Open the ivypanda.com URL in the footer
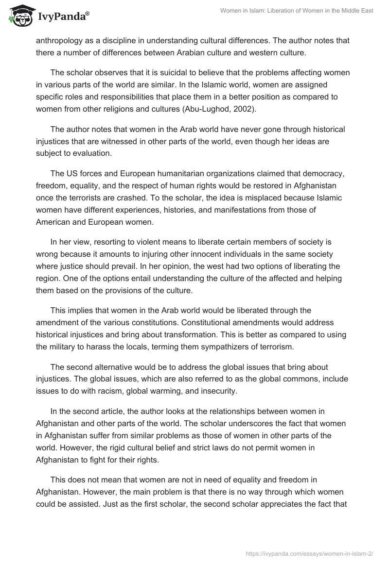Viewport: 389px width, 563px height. tap(316, 548)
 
